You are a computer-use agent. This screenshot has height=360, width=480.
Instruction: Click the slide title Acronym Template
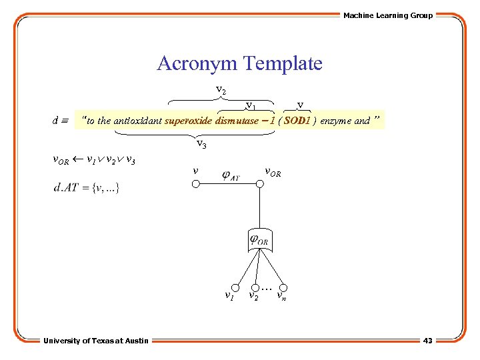click(x=239, y=64)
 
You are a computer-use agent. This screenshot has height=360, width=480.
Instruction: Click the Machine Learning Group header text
click(x=387, y=15)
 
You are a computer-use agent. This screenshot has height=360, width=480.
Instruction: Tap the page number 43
click(x=427, y=341)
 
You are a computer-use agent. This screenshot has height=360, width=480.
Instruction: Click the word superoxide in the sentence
click(x=188, y=121)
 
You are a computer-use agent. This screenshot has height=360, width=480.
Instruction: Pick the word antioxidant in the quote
click(x=137, y=121)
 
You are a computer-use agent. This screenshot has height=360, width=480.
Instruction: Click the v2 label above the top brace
click(x=221, y=89)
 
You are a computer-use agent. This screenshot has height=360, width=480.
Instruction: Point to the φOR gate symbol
click(x=259, y=239)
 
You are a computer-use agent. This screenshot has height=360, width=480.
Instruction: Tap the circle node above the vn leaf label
click(x=285, y=283)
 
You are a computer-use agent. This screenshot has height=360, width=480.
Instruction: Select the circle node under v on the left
click(x=195, y=185)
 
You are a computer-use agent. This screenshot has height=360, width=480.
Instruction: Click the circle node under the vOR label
click(x=259, y=185)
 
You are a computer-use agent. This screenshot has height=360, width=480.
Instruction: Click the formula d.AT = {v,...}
click(x=87, y=188)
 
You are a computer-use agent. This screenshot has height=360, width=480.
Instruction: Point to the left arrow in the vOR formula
click(x=77, y=160)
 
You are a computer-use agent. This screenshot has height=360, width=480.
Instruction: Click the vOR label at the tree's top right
click(x=273, y=172)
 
